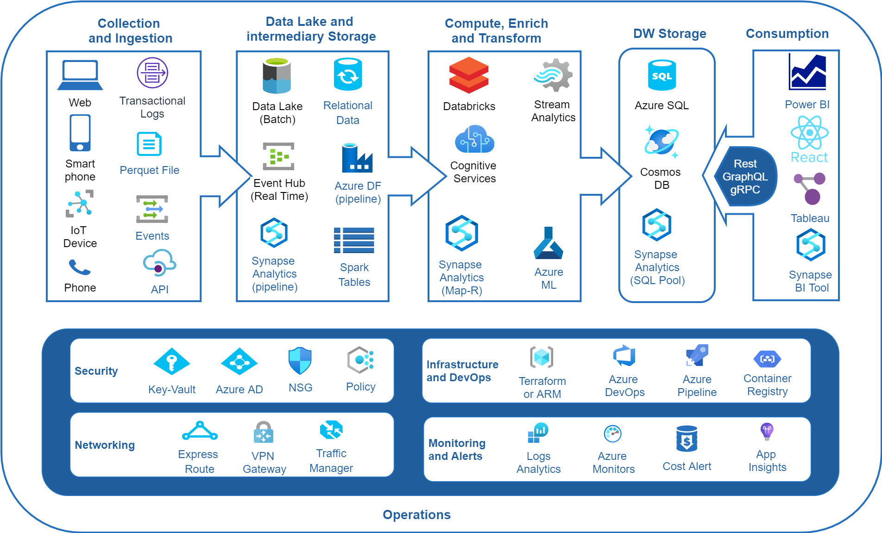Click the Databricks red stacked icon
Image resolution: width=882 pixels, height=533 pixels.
pyautogui.click(x=469, y=75)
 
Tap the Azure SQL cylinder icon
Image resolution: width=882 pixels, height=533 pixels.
pyautogui.click(x=661, y=75)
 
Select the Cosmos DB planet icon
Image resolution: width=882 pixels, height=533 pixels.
pyautogui.click(x=661, y=142)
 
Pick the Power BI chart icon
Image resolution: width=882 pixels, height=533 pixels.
pyautogui.click(x=807, y=72)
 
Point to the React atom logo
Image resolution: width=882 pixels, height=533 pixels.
pyautogui.click(x=809, y=133)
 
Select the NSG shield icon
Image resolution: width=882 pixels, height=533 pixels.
pyautogui.click(x=300, y=361)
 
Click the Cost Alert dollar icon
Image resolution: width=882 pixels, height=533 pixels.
pyautogui.click(x=687, y=439)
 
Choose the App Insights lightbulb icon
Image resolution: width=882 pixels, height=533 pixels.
pyautogui.click(x=767, y=431)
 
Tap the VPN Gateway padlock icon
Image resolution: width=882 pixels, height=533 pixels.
pyautogui.click(x=264, y=432)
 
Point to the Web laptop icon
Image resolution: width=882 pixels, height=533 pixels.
pyautogui.click(x=80, y=75)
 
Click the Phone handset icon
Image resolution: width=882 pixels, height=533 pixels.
pyautogui.click(x=80, y=267)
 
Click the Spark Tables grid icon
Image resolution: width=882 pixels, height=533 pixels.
pyautogui.click(x=354, y=240)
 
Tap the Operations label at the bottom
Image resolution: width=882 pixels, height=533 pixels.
pyautogui.click(x=416, y=514)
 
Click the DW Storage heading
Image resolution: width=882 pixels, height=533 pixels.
pyautogui.click(x=670, y=33)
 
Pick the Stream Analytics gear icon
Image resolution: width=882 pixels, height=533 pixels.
pyautogui.click(x=553, y=75)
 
